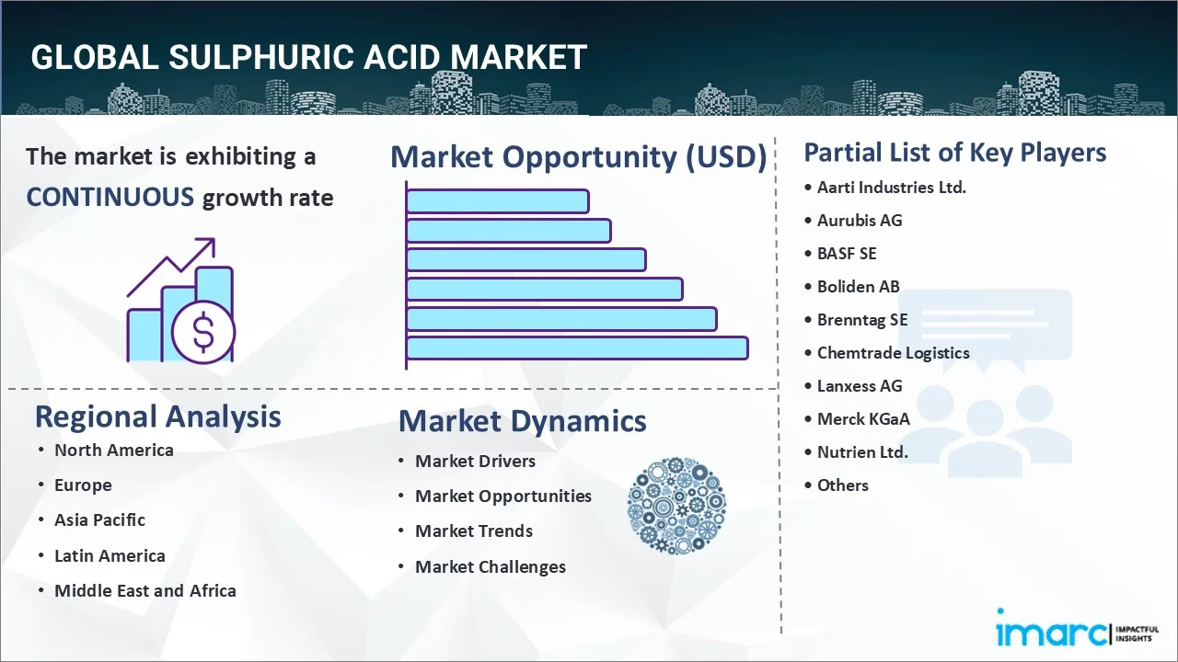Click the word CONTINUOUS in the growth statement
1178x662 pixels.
pos(110,197)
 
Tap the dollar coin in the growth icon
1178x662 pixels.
pos(203,333)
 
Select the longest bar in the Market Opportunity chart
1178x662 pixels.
pos(576,348)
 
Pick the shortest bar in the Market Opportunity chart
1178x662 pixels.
pos(497,200)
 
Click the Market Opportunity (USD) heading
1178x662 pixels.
pos(578,157)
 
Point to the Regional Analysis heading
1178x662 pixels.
pos(157,417)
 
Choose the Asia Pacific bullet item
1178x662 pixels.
pos(99,519)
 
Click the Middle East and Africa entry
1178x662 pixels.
pos(144,590)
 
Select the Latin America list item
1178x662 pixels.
pos(110,555)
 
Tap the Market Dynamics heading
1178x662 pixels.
pos(522,421)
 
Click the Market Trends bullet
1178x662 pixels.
pos(473,531)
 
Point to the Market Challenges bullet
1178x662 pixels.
pos(490,566)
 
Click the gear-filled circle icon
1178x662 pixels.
pos(676,506)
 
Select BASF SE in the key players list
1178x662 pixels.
pos(847,253)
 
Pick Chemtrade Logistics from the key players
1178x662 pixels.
pos(893,352)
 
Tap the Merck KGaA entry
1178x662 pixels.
pos(863,418)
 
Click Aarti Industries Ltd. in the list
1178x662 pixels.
pos(891,187)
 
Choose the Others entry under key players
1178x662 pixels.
pos(842,485)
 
